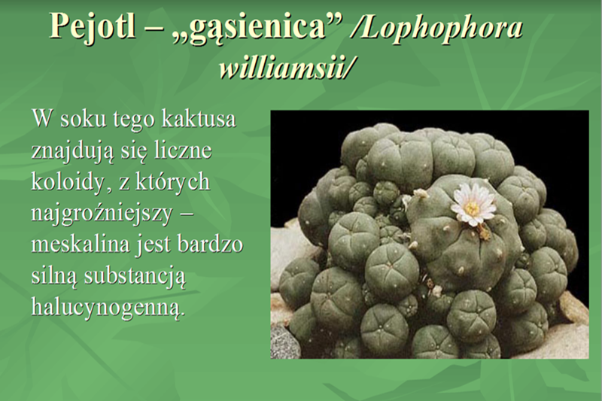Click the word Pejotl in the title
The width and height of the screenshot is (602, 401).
(x=93, y=26)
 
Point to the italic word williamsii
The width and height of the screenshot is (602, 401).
(x=287, y=68)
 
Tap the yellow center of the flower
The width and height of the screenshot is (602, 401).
(x=472, y=208)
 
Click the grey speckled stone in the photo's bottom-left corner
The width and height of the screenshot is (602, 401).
(x=284, y=342)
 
